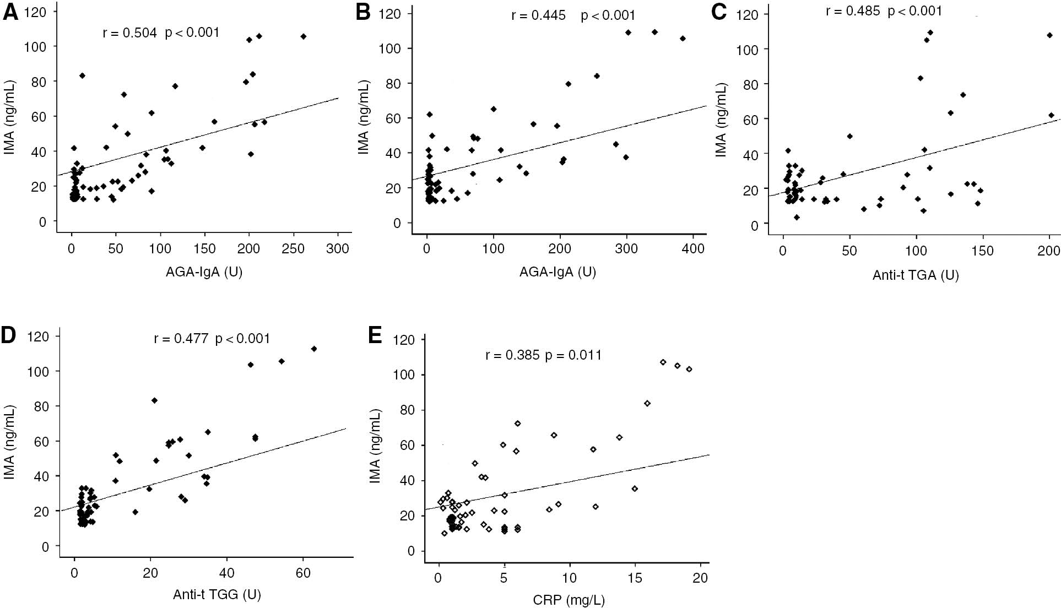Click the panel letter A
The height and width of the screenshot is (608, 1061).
pyautogui.click(x=10, y=12)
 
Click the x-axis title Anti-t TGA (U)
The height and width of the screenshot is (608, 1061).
pyautogui.click(x=915, y=275)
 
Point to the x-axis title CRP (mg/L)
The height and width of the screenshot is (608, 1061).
pyautogui.click(x=569, y=600)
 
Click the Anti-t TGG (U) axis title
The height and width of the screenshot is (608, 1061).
pyautogui.click(x=216, y=594)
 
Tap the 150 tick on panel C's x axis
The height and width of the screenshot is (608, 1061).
pyautogui.click(x=982, y=251)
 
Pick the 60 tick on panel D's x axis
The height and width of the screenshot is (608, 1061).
pyautogui.click(x=302, y=574)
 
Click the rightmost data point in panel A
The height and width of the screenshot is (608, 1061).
pyautogui.click(x=303, y=36)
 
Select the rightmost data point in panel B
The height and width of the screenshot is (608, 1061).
pyautogui.click(x=683, y=39)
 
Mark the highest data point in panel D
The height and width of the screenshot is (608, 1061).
pyautogui.click(x=314, y=349)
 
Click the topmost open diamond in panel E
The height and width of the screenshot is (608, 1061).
pyautogui.click(x=663, y=362)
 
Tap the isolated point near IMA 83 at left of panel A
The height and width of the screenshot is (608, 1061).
pyautogui.click(x=82, y=75)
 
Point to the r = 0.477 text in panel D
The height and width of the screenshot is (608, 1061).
pyautogui.click(x=181, y=338)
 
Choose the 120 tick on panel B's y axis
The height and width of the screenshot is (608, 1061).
pyautogui.click(x=389, y=14)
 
